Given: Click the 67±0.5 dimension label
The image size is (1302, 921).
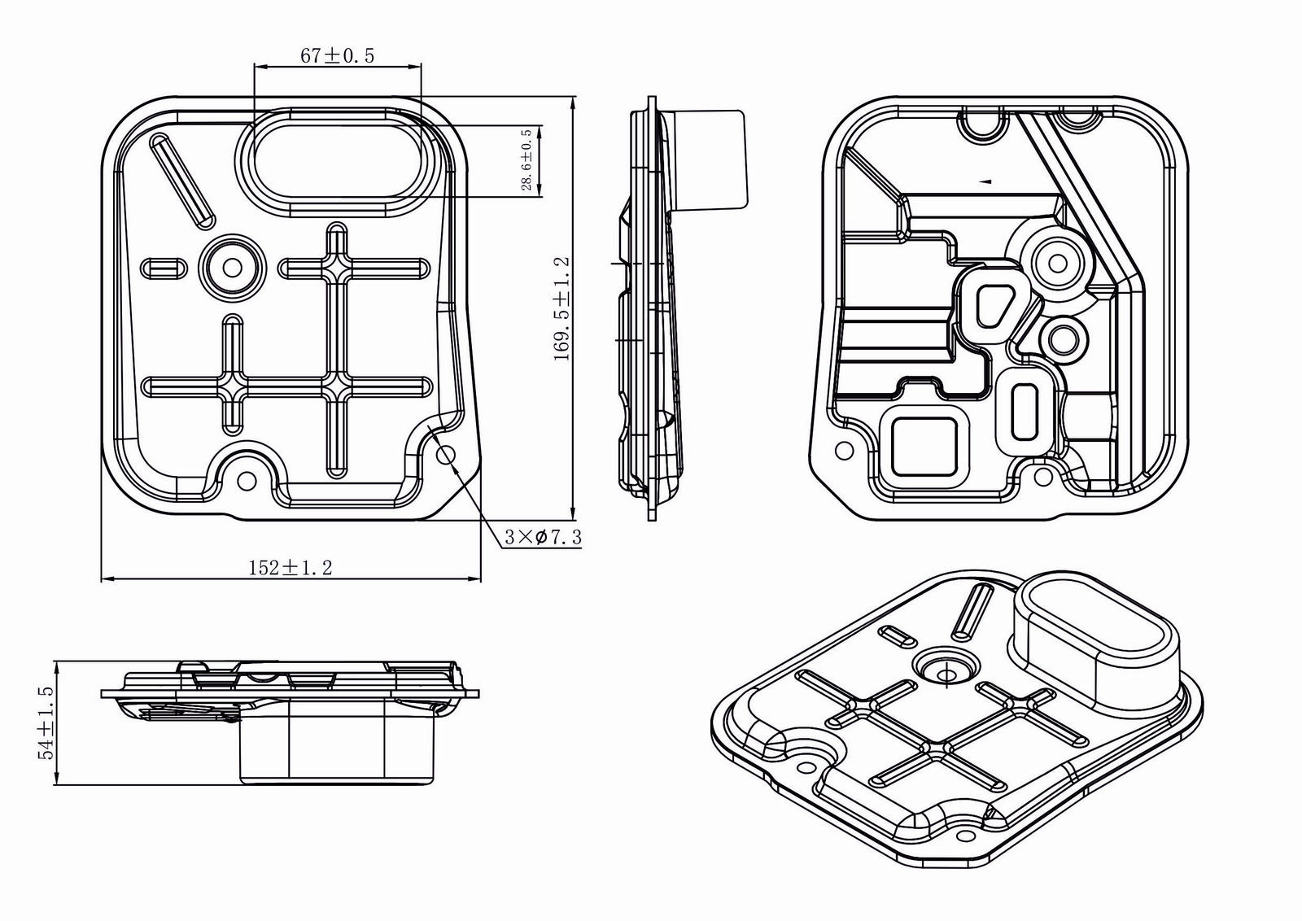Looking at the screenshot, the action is pyautogui.click(x=337, y=56).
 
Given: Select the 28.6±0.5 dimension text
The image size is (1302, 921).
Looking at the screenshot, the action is pyautogui.click(x=526, y=159).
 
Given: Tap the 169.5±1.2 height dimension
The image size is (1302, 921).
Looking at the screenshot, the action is pyautogui.click(x=562, y=308).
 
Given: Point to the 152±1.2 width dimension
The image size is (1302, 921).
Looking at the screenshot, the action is pyautogui.click(x=290, y=567).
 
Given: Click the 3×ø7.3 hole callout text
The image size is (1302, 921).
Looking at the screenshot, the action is pyautogui.click(x=543, y=537).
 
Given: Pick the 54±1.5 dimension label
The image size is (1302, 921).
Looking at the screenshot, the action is pyautogui.click(x=46, y=722).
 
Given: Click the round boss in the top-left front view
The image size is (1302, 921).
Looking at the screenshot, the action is pyautogui.click(x=233, y=268).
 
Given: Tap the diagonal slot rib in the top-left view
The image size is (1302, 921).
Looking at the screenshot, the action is pyautogui.click(x=182, y=181).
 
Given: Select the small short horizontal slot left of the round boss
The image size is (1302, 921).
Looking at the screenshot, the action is pyautogui.click(x=164, y=268).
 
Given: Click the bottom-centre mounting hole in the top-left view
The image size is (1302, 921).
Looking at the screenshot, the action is pyautogui.click(x=247, y=481).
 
